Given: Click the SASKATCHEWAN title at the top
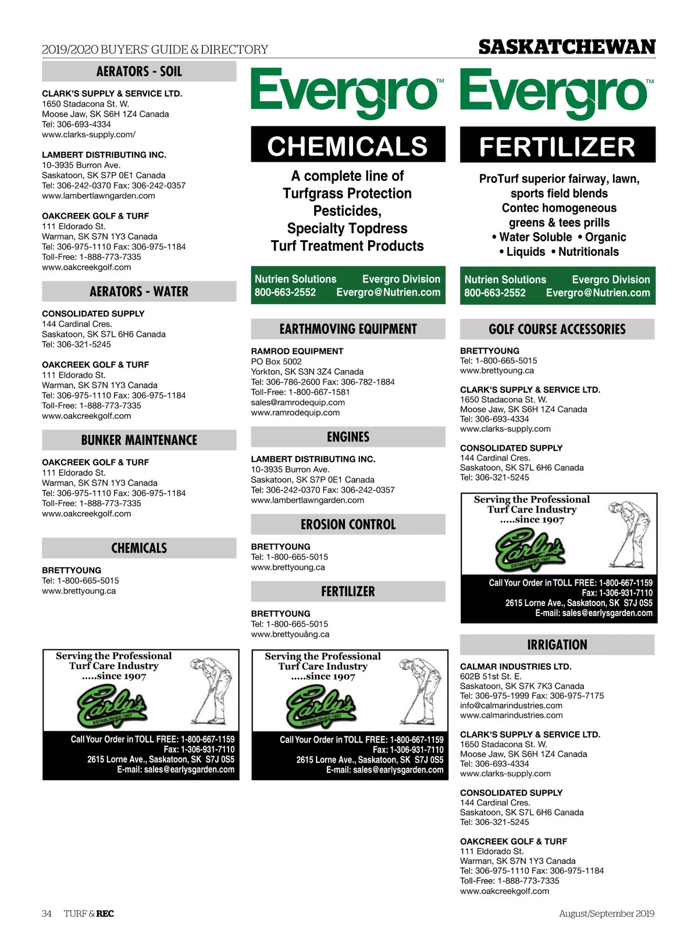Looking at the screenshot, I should [567, 47].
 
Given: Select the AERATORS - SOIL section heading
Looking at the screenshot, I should [139, 72].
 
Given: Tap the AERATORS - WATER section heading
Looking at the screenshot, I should [139, 291].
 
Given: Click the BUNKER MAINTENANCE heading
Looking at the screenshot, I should [139, 440].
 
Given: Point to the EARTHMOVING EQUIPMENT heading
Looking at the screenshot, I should [348, 329].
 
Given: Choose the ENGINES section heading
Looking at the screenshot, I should [348, 437].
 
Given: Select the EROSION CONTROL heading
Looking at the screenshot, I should [348, 525].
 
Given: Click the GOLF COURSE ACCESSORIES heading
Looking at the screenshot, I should [557, 329].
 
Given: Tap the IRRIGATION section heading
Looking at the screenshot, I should [557, 645].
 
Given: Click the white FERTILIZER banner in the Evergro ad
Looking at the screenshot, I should [557, 147].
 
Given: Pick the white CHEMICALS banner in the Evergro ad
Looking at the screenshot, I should [348, 146].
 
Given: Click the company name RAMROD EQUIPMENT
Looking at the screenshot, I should [297, 351].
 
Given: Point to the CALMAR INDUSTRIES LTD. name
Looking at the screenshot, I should [515, 667].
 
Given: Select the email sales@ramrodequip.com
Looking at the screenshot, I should [298, 403].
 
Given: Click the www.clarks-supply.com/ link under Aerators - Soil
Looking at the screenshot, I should [88, 134].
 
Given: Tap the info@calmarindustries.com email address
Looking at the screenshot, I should [511, 706].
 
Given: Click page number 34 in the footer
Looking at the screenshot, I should [47, 913].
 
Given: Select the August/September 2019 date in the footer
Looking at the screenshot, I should [607, 913].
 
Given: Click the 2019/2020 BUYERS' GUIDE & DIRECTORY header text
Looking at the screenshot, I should [155, 49].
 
